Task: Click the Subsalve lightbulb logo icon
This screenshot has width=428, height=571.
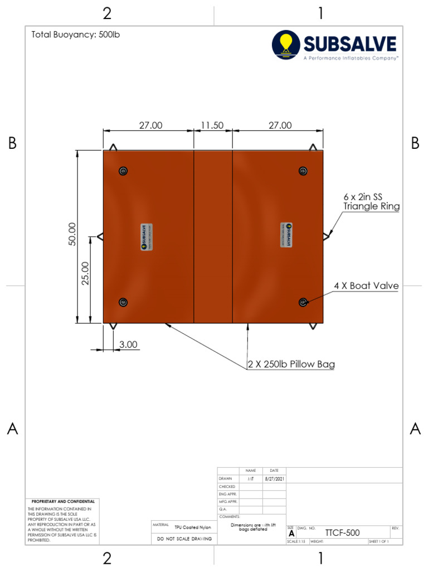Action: (286, 45)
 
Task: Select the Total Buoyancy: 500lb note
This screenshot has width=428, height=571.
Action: (76, 35)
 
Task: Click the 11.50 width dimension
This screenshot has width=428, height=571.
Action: (212, 125)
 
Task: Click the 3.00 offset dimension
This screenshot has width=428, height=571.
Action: (128, 345)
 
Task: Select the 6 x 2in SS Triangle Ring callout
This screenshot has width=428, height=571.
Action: (371, 201)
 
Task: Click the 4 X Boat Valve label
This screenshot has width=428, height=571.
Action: (366, 286)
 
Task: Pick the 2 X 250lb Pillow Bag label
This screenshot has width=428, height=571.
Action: (291, 365)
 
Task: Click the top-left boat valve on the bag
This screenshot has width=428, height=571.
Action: (123, 171)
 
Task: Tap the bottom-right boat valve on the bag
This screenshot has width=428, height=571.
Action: (303, 302)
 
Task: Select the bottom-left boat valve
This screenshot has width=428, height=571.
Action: (123, 302)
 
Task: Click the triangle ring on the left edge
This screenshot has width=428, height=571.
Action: (100, 236)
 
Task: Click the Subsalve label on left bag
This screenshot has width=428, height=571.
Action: (144, 236)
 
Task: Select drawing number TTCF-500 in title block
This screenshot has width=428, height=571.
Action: (342, 533)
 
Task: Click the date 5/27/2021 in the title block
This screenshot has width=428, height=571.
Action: (274, 478)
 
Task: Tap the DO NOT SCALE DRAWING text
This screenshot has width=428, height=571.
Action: (184, 539)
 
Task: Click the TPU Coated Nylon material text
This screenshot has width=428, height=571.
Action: (192, 527)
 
